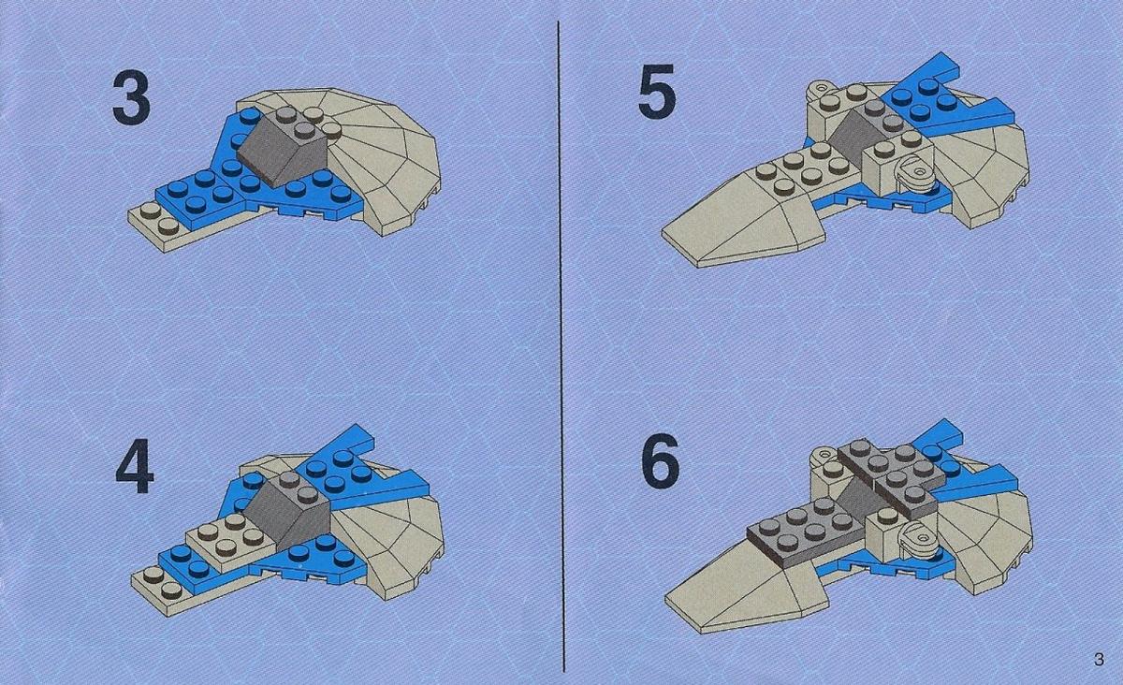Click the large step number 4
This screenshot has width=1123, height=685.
[x=135, y=466]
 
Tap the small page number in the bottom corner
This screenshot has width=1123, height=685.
[x=1100, y=659]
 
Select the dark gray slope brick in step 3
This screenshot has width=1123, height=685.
[x=284, y=148]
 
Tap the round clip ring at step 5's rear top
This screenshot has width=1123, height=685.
[x=820, y=90]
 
